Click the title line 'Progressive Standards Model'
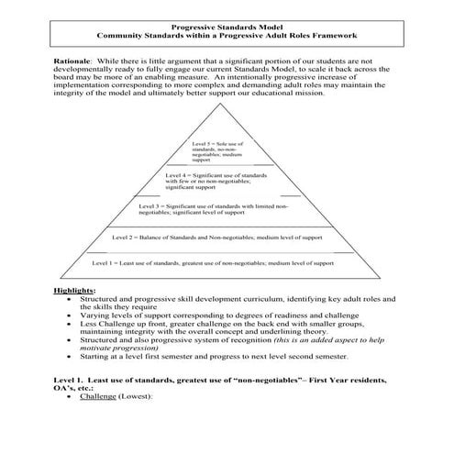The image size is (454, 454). (x=226, y=28)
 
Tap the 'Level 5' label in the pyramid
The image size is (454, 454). (x=205, y=145)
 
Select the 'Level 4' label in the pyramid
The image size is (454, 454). (x=179, y=174)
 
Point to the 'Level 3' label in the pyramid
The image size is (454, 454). (x=151, y=206)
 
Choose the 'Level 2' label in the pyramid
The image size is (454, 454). (x=125, y=237)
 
